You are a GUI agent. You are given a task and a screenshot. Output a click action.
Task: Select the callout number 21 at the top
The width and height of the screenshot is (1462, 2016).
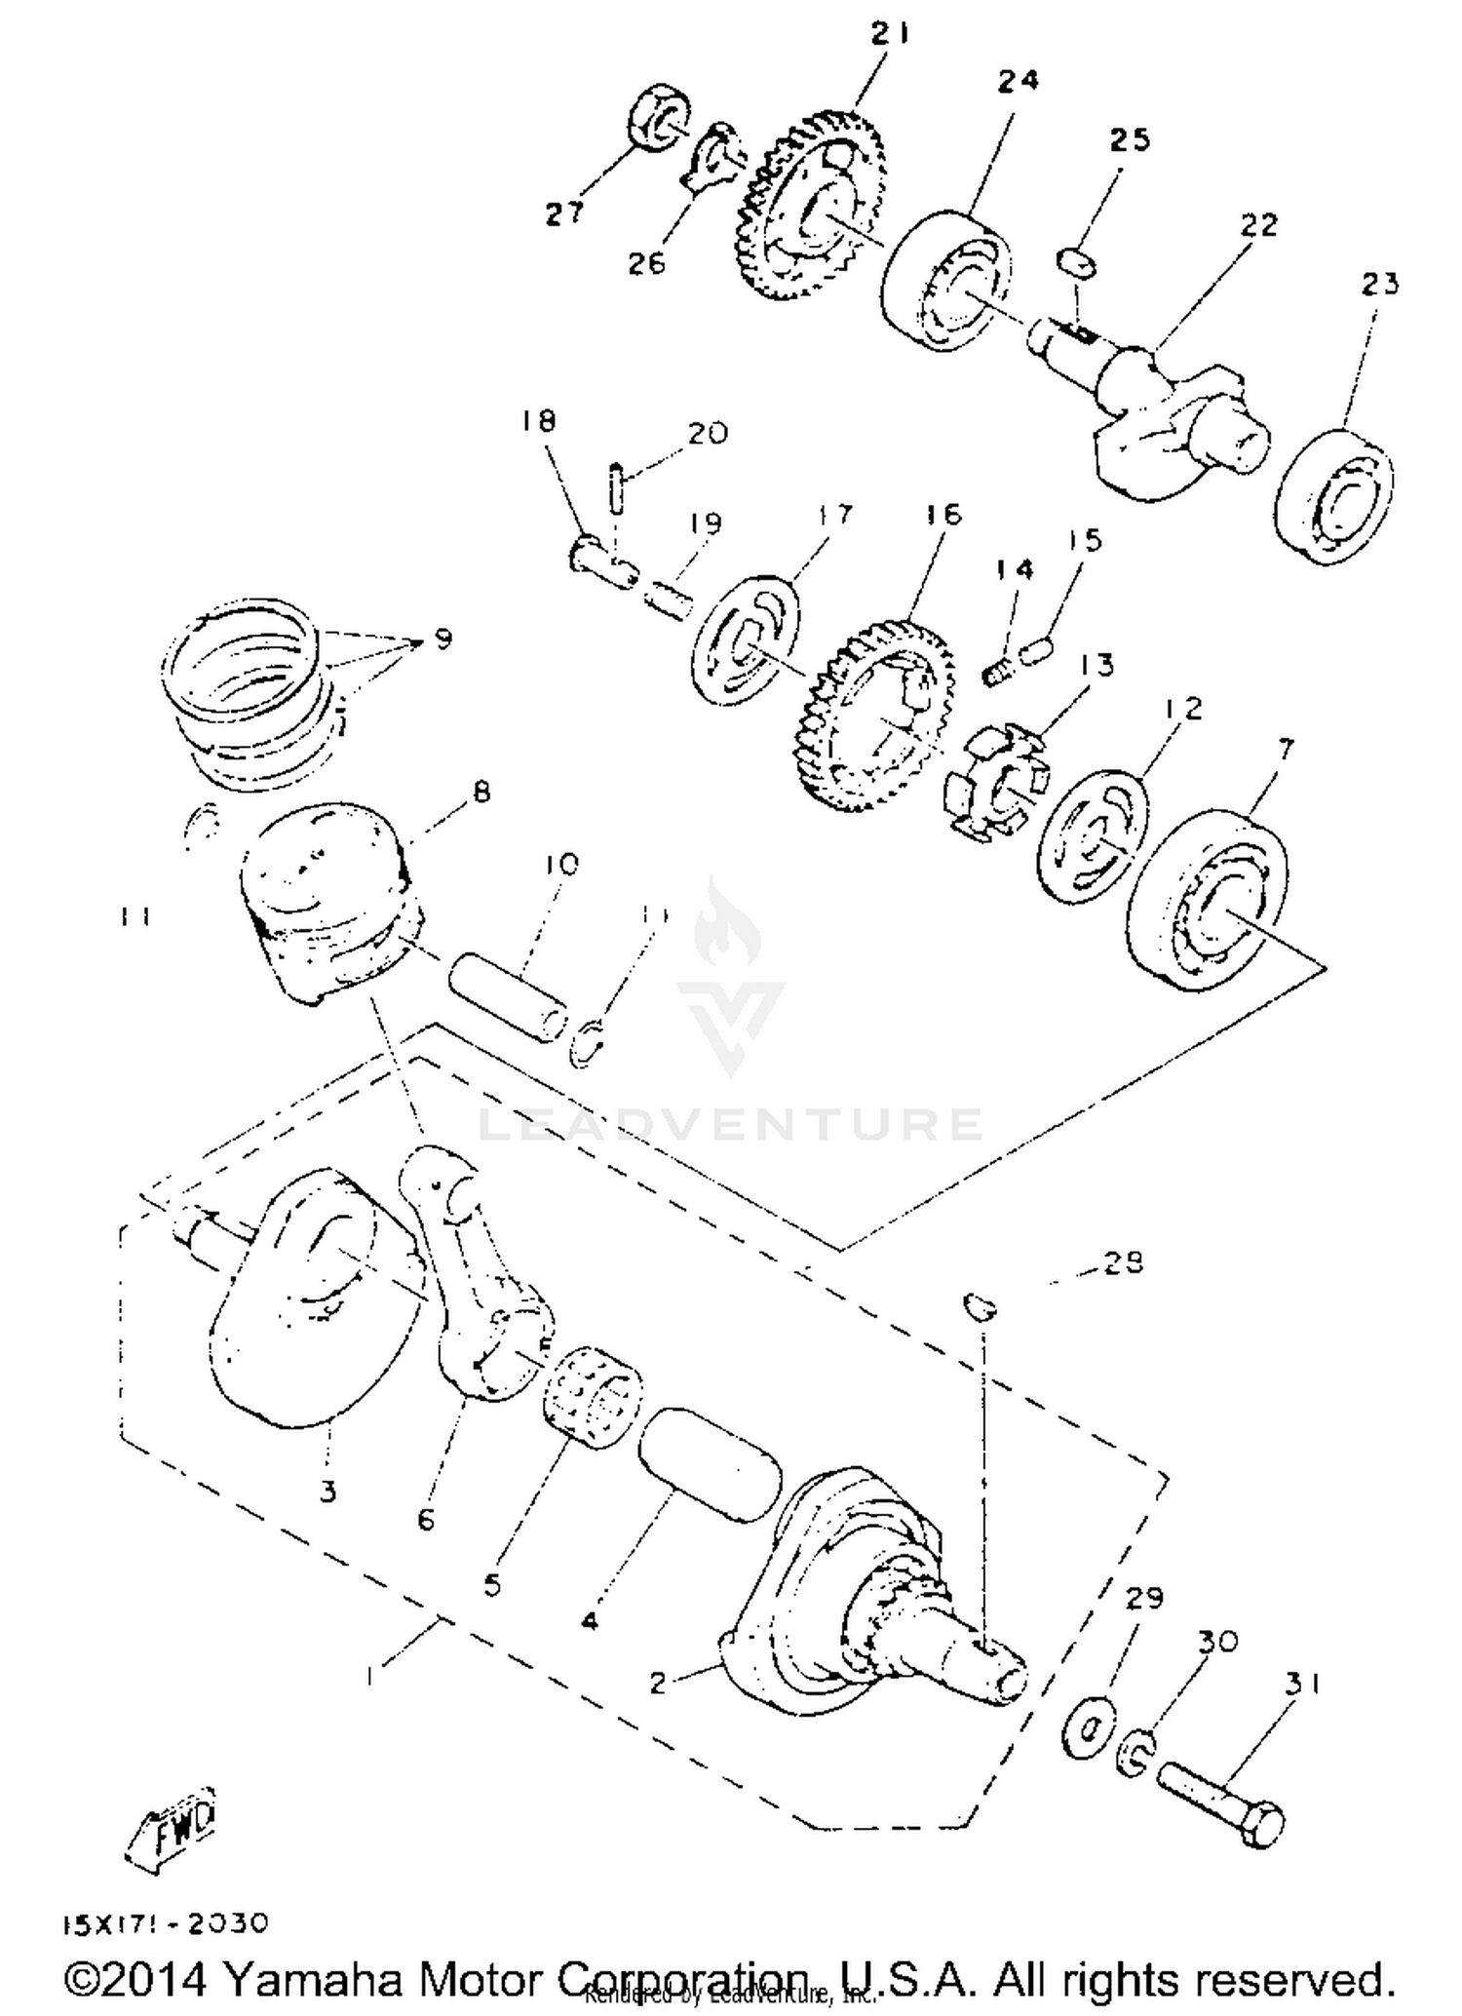click(x=889, y=34)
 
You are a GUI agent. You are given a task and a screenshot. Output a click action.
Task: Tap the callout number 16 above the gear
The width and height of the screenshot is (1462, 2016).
click(x=943, y=514)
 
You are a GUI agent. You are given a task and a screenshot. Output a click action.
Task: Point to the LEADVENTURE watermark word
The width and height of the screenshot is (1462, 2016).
click(x=731, y=1124)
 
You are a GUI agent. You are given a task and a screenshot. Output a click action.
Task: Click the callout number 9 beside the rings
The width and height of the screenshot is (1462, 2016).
click(x=442, y=640)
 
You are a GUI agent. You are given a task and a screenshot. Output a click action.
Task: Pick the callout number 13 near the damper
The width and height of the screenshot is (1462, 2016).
click(x=1096, y=665)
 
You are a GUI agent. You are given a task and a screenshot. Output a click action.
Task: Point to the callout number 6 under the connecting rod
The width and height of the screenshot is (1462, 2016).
click(x=426, y=1519)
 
